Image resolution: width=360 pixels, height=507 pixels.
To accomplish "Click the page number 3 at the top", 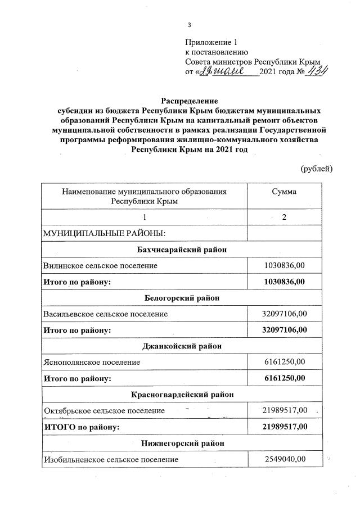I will [190, 24].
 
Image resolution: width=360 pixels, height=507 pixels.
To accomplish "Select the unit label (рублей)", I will [317, 168].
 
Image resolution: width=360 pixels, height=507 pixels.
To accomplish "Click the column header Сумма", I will [284, 192].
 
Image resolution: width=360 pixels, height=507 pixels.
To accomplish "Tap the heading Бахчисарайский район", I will [182, 249].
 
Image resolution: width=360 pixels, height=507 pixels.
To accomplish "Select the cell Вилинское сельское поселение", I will [101, 265].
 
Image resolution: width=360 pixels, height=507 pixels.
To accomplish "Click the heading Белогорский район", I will [182, 297].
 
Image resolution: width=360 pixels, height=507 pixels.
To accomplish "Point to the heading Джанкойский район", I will [182, 346].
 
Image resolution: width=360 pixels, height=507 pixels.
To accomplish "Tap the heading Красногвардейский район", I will [182, 395].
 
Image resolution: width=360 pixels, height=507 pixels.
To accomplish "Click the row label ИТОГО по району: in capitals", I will [82, 427].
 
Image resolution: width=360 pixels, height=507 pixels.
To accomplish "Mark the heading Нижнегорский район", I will [182, 443].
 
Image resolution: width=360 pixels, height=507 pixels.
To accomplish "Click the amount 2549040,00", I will [285, 459].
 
